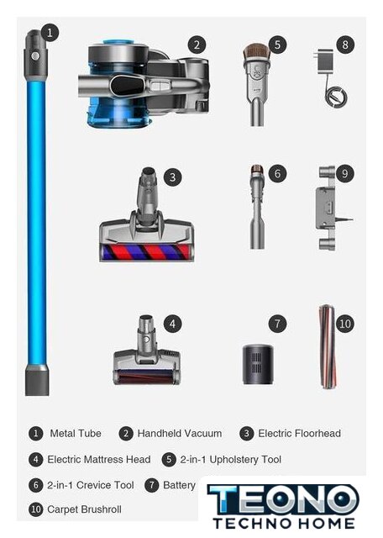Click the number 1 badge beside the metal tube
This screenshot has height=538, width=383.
[x=50, y=33]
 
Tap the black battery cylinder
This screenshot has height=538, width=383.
[x=258, y=365]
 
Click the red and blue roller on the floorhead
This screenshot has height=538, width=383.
[x=146, y=252]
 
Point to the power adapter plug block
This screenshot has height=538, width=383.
[x=323, y=61]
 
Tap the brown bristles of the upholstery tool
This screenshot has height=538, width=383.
[x=257, y=51]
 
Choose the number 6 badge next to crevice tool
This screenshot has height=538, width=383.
[x=277, y=174]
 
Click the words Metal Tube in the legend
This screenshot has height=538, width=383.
[x=76, y=434]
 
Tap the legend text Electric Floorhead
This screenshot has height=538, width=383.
[x=299, y=434]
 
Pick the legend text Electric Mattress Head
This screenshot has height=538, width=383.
[x=99, y=460]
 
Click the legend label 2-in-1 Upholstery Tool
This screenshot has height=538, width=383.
[x=231, y=460]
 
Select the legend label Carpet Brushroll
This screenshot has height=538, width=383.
[x=84, y=509]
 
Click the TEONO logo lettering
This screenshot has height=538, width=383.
[x=283, y=499]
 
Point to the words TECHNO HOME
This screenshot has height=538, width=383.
[x=284, y=523]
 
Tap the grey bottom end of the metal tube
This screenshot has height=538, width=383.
[x=37, y=380]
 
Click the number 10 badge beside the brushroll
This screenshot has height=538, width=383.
[x=345, y=324]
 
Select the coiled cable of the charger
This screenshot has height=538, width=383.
[x=335, y=97]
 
